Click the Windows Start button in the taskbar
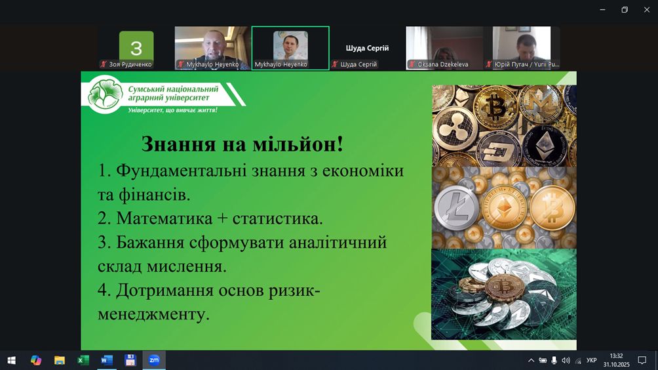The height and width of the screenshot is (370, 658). (12, 360)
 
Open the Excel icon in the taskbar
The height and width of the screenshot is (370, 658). (83, 360)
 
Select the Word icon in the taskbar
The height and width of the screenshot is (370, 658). (107, 360)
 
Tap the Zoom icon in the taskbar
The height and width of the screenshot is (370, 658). (154, 360)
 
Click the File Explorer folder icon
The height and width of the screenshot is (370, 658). (60, 360)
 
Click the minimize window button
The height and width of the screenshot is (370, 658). (602, 10)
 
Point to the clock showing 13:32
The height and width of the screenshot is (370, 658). (617, 356)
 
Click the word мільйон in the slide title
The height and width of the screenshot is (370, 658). (298, 144)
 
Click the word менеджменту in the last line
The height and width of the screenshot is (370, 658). (153, 314)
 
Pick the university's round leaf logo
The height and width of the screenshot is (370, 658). (106, 94)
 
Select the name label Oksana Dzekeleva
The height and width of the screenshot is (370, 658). (443, 64)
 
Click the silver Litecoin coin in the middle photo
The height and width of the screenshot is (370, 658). (456, 208)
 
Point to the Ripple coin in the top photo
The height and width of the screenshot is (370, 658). (455, 129)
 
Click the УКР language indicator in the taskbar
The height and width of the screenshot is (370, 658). (592, 360)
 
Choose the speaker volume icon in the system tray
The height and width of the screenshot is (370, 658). (566, 360)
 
